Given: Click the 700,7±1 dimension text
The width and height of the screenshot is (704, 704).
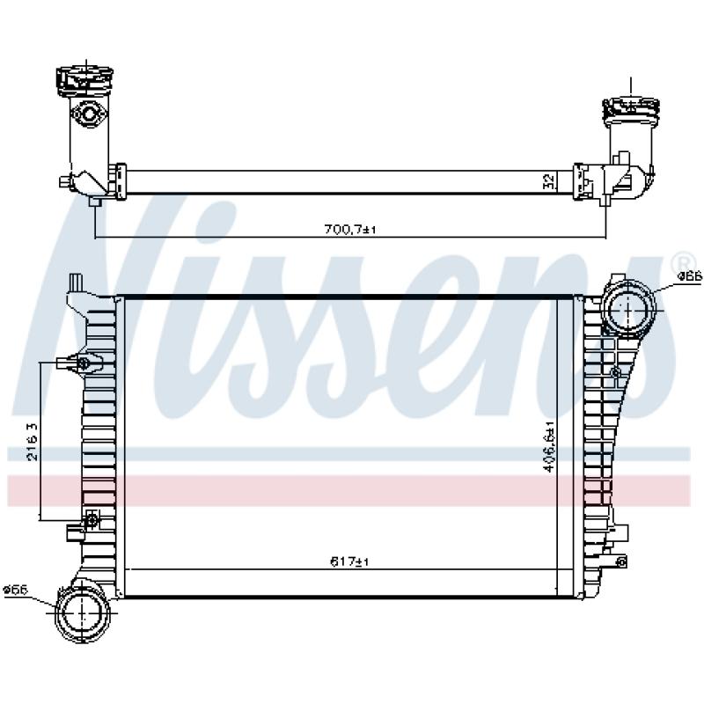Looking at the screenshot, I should (x=349, y=230).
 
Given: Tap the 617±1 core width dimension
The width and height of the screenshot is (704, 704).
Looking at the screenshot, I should (x=349, y=561).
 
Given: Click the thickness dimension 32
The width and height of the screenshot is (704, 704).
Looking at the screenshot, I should (x=548, y=181).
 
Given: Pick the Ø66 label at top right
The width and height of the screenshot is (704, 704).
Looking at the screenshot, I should (x=689, y=277).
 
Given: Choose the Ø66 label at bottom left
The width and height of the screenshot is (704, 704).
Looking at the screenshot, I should (x=15, y=589).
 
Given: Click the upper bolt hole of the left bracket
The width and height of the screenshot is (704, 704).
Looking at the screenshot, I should (x=84, y=364).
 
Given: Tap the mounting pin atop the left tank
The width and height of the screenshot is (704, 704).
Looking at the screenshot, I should (x=77, y=282).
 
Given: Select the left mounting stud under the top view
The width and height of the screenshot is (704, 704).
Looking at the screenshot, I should (x=94, y=202).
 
